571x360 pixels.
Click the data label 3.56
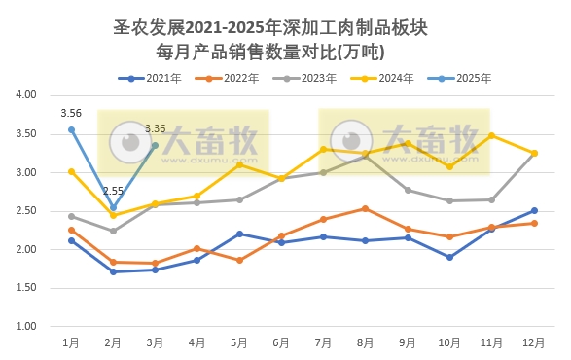pos(70,114)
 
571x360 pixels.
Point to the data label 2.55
pos(113,192)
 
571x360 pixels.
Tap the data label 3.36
pos(155,128)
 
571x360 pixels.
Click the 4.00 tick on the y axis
pos(25,95)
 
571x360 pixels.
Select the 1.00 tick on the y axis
pos(25,326)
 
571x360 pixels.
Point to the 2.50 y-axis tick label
pos(25,211)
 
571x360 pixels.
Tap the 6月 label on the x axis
pos(281,342)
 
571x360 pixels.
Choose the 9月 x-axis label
pos(408,342)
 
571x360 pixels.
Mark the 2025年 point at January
pos(71,129)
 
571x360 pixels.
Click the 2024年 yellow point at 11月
pos(491,135)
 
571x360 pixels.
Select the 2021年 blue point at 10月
pos(449,257)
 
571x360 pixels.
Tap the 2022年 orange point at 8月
pos(366,208)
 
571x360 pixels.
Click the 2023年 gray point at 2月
pos(113,231)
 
